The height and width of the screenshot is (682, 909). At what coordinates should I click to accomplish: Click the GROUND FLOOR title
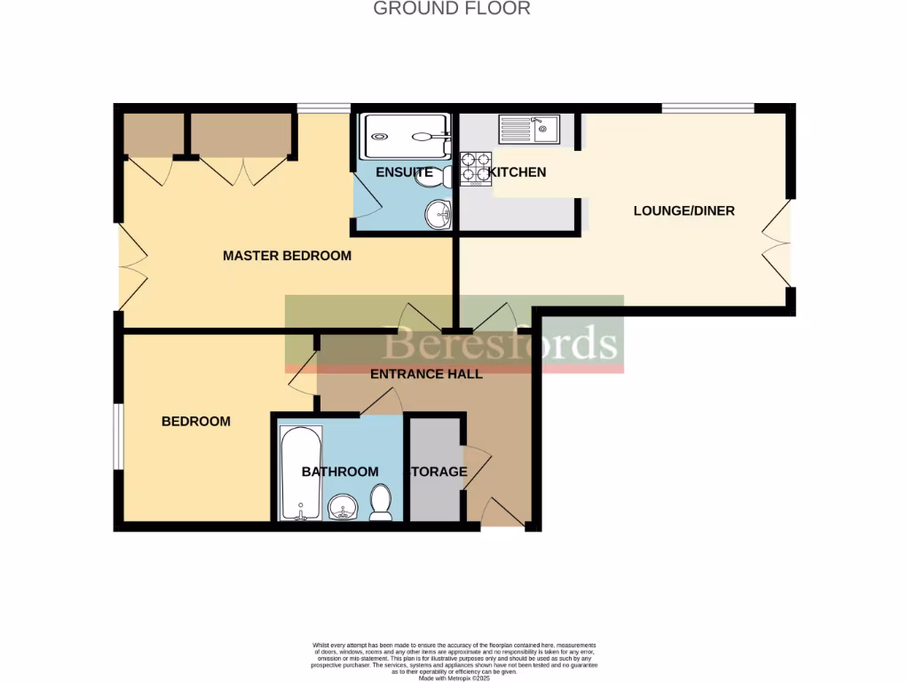[x=452, y=9]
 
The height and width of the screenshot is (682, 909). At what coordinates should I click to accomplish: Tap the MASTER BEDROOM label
[x=287, y=256]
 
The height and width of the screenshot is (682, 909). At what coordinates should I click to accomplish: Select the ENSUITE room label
[x=404, y=172]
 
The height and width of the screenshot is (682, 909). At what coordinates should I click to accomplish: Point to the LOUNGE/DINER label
[x=684, y=211]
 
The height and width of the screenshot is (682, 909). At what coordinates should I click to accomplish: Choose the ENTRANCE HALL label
[x=426, y=374]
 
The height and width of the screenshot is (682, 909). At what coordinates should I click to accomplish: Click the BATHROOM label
[x=340, y=472]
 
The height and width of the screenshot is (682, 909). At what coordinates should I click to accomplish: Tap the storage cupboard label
[x=436, y=472]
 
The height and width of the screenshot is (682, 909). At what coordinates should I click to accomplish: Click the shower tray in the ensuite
[x=405, y=137]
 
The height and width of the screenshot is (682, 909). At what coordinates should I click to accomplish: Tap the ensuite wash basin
[x=437, y=213]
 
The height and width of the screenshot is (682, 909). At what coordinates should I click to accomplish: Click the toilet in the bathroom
[x=381, y=503]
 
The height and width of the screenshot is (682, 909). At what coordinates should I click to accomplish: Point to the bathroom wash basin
[x=343, y=509]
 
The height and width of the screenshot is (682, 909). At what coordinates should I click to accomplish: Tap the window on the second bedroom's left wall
[x=117, y=437]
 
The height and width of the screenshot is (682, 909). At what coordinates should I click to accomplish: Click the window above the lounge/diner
[x=707, y=108]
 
